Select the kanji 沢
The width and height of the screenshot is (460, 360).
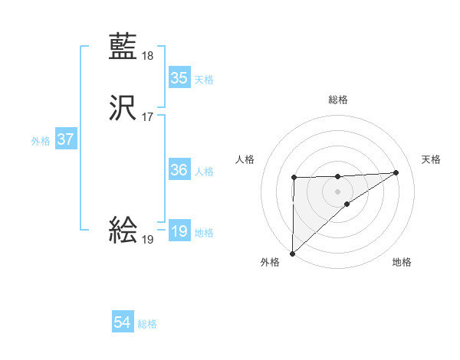pyautogui.click(x=123, y=108)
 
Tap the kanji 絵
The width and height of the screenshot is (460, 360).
pyautogui.click(x=123, y=230)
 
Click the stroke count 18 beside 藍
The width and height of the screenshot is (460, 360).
pyautogui.click(x=148, y=55)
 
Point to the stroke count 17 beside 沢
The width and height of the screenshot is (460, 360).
pyautogui.click(x=148, y=117)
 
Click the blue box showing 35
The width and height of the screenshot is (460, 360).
pyautogui.click(x=179, y=78)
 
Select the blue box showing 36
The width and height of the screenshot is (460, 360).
pyautogui.click(x=179, y=170)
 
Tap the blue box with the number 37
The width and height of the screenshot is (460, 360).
pyautogui.click(x=65, y=140)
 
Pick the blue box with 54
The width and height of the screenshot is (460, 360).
pyautogui.click(x=123, y=323)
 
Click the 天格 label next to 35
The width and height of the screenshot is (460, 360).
pyautogui.click(x=204, y=80)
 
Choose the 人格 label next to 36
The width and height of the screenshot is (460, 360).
pyautogui.click(x=204, y=172)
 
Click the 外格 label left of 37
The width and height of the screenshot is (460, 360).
pyautogui.click(x=41, y=141)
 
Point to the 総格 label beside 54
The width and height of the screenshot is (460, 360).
pyautogui.click(x=147, y=324)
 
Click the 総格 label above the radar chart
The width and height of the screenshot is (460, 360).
pyautogui.click(x=337, y=100)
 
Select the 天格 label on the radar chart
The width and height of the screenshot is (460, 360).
pyautogui.click(x=432, y=159)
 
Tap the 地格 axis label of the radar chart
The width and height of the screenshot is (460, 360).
pyautogui.click(x=402, y=263)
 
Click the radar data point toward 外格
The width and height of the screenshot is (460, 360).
pyautogui.click(x=292, y=253)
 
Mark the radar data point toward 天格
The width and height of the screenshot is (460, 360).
pyautogui.click(x=396, y=172)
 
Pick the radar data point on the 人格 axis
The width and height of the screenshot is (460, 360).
pyautogui.click(x=294, y=178)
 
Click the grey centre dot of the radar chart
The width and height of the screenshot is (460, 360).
pyautogui.click(x=337, y=191)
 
